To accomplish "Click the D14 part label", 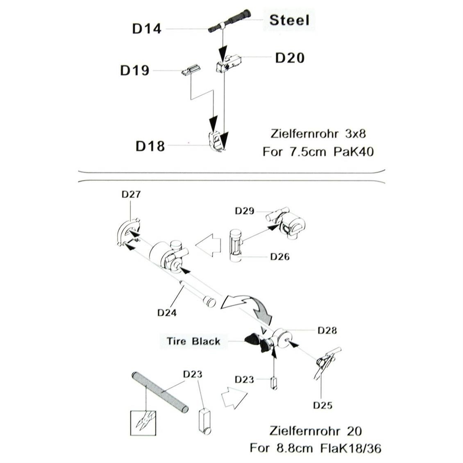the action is point(147,29).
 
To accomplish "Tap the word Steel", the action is point(289,20).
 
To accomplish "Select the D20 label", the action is point(290,58).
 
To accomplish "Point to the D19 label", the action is point(135,70).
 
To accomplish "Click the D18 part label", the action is point(150,146).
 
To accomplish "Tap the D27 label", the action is point(131,195).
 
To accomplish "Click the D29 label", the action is point(245,211).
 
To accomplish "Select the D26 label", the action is point(280,256).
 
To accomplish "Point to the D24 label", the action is point(167,313).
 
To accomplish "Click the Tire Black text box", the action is point(194,341).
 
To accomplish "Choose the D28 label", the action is point(327,330).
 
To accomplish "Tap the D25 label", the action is point(323,405).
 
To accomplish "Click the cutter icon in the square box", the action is point(143,423).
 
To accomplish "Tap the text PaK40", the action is point(354,152).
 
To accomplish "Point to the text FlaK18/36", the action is point(351,448).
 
